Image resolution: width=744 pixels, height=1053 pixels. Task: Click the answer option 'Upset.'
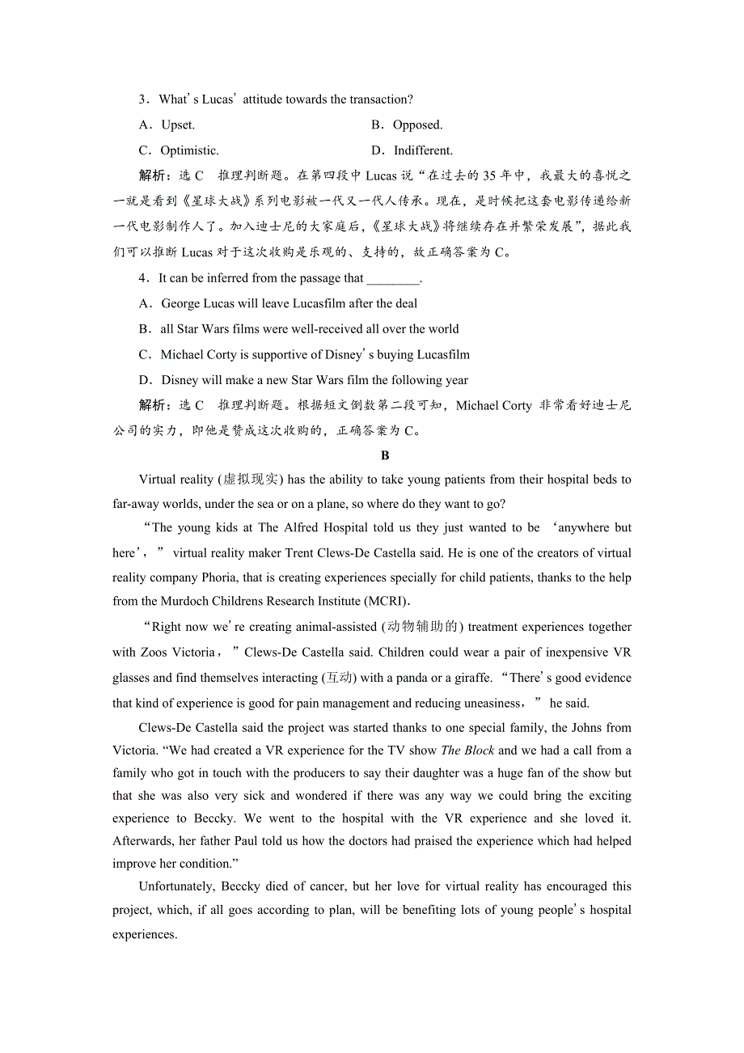click(178, 125)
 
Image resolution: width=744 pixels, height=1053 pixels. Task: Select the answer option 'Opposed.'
click(417, 125)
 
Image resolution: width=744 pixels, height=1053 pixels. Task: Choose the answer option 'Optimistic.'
click(189, 150)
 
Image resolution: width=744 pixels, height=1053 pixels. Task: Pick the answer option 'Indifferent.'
click(423, 150)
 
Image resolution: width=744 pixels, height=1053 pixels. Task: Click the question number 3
click(142, 99)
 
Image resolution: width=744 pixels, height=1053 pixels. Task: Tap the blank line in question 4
click(393, 279)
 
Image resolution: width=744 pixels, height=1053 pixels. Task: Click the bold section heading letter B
click(385, 455)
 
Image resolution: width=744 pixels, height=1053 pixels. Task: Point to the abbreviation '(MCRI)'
click(387, 601)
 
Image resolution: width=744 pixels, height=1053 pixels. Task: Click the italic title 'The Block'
click(467, 751)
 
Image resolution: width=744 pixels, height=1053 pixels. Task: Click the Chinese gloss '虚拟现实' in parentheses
click(251, 480)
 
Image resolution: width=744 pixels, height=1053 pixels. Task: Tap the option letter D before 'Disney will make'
click(145, 380)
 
